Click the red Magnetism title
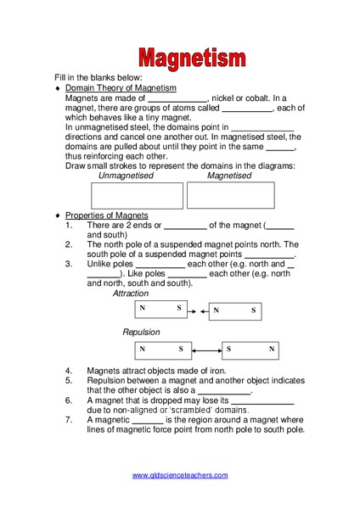tap(193, 59)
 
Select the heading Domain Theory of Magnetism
tap(121, 88)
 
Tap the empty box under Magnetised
tap(230, 195)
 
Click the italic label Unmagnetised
tap(126, 176)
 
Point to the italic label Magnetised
tap(229, 176)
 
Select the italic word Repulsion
tap(141, 333)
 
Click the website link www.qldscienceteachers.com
tap(180, 475)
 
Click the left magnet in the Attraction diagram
tap(160, 311)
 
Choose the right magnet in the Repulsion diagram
tap(251, 350)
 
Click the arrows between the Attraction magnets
tap(197, 311)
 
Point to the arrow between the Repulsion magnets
tap(206, 350)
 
